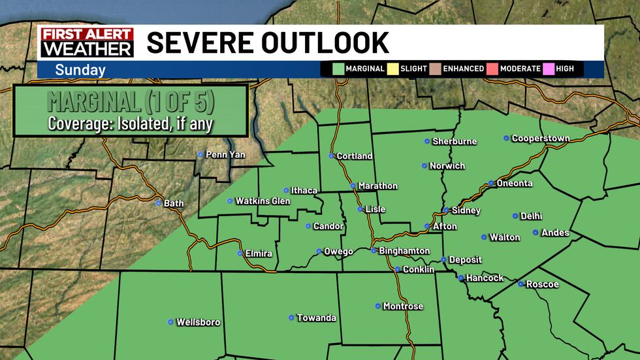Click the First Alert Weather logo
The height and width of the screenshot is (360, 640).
coord(87,42)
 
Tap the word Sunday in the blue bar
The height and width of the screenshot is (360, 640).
coord(80,70)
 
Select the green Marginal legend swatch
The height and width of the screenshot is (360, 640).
coord(338,69)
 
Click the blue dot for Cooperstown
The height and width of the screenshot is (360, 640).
coord(506,138)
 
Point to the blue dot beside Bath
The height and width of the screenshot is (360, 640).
coord(158,203)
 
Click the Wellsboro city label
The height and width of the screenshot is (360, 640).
coord(198,322)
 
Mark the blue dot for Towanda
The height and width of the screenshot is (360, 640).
coord(291,318)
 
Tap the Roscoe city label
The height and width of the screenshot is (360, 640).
coord(542,284)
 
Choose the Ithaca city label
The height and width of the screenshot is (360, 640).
coord(304,191)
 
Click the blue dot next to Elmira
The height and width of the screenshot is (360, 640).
coord(240,253)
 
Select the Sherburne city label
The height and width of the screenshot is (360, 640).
coord(455,141)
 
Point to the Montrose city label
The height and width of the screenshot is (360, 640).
coord(403,306)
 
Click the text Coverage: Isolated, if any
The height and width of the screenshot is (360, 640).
coord(131,123)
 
